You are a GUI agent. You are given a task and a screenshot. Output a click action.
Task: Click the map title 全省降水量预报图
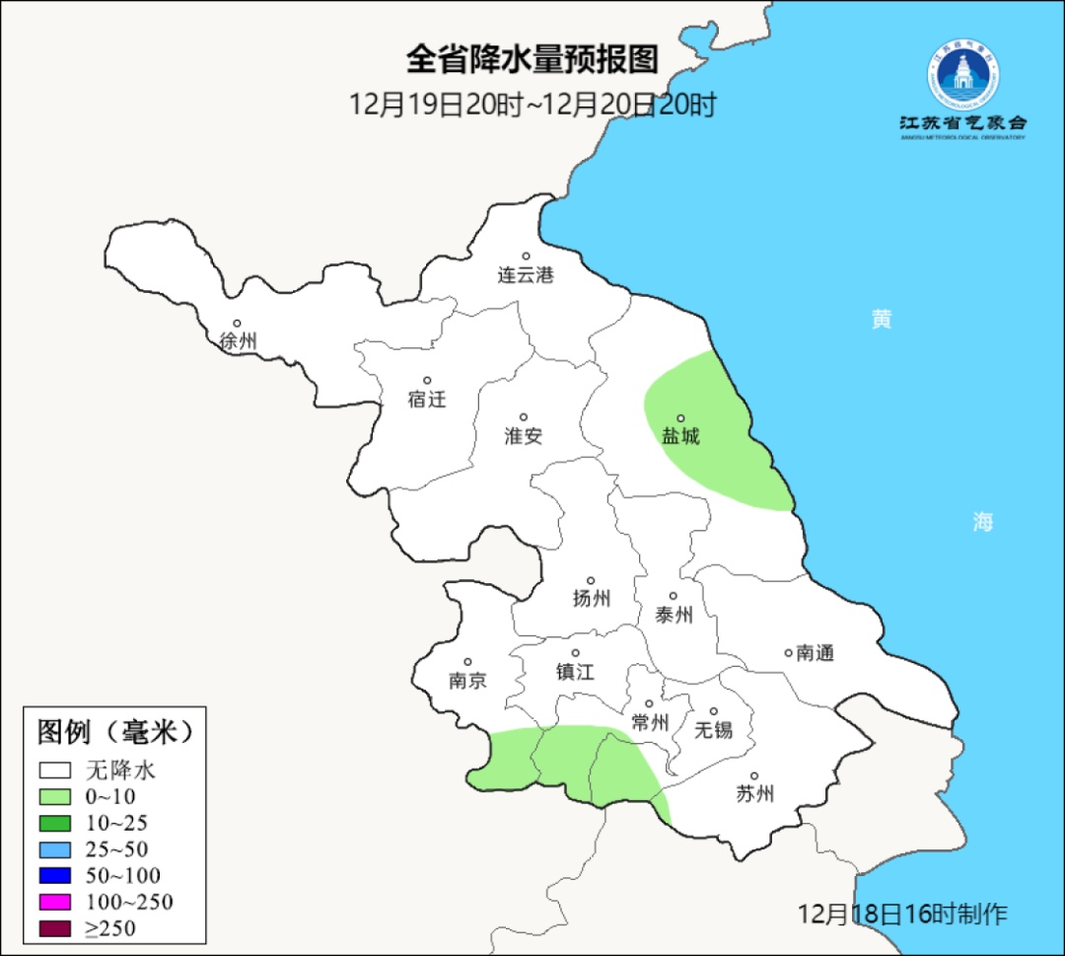[x=532, y=60]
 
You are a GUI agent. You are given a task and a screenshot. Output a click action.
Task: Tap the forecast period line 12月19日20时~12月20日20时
[x=532, y=105]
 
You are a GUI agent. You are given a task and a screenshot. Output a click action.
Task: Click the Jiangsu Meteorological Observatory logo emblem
[x=962, y=75]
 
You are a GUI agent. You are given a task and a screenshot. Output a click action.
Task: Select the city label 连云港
[x=526, y=275]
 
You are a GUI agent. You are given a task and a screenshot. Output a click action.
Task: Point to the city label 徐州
[x=238, y=341]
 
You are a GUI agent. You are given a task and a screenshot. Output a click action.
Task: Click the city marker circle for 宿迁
[x=428, y=380]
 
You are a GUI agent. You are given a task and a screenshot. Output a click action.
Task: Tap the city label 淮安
[x=524, y=436]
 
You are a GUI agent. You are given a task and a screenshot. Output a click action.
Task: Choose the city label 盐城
[x=680, y=436]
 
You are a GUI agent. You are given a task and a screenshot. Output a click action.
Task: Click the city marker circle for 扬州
[x=591, y=580]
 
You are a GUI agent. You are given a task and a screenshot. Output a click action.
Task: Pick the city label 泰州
[x=674, y=615]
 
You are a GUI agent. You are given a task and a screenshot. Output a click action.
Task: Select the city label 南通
[x=815, y=652]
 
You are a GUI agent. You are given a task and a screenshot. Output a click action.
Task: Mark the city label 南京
[x=467, y=681]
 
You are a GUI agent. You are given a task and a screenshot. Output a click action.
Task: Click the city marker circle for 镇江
[x=576, y=653]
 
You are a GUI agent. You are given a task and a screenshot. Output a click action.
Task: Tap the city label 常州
[x=650, y=723]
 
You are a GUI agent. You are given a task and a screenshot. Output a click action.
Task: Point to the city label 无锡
[x=714, y=730]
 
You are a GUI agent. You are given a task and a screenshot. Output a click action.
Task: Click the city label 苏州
[x=755, y=793]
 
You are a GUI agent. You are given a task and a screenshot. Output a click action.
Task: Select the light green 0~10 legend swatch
[x=55, y=796]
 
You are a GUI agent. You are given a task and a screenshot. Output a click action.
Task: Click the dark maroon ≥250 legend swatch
[x=55, y=927]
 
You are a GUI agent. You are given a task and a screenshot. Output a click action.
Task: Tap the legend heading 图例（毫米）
[x=113, y=732]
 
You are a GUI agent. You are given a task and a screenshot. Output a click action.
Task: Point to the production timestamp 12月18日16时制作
[x=902, y=914]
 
